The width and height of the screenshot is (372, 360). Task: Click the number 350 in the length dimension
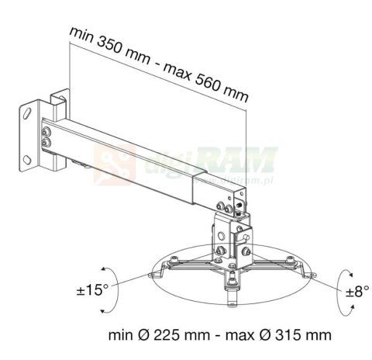(110, 48)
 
